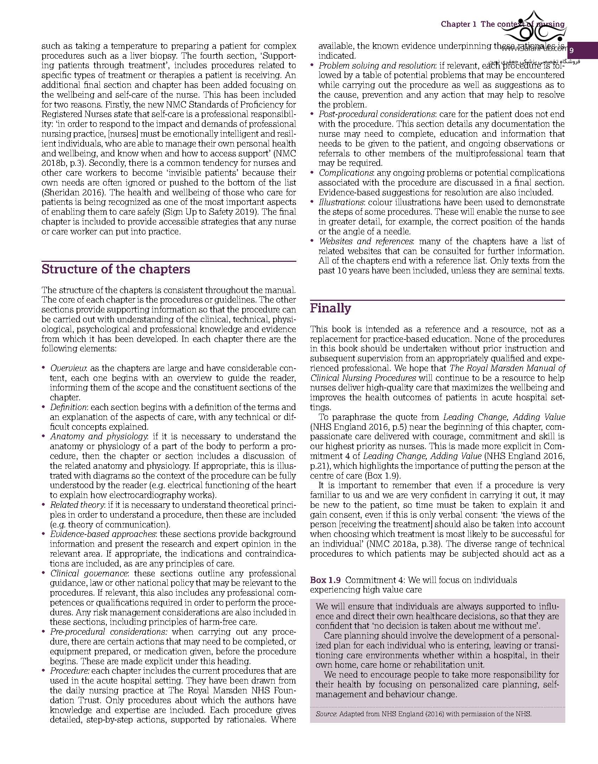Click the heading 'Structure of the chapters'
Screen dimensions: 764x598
(x=116, y=269)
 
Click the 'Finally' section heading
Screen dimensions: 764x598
(x=330, y=308)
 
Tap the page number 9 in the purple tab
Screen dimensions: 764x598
(x=571, y=51)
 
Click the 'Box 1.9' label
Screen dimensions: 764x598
(x=323, y=580)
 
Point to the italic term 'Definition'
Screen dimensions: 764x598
(x=68, y=407)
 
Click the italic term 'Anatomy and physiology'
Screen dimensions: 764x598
(x=98, y=436)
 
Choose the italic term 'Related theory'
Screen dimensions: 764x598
(x=77, y=505)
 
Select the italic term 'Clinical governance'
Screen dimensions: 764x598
(x=89, y=573)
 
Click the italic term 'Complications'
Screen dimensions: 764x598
(x=346, y=173)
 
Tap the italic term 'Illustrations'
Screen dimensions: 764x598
(x=341, y=202)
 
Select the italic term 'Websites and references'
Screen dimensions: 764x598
(x=366, y=241)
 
